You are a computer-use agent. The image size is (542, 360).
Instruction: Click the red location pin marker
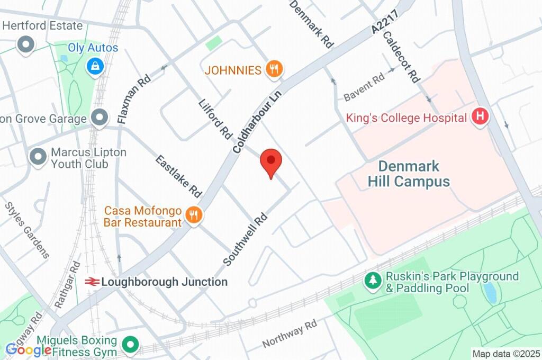271,161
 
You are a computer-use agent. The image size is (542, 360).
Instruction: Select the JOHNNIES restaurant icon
273,69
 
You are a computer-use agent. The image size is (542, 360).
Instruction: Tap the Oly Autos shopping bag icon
95,66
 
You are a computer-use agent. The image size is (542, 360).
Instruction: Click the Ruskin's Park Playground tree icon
374,281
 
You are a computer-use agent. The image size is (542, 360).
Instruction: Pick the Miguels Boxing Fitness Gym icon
129,346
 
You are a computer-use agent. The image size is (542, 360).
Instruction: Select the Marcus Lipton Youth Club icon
38,158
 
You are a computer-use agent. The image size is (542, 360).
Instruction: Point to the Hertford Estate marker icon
25,44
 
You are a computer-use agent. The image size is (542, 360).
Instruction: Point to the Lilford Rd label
215,119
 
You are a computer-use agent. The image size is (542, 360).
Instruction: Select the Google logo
28,349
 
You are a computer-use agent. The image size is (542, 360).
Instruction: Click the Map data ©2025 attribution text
506,353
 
